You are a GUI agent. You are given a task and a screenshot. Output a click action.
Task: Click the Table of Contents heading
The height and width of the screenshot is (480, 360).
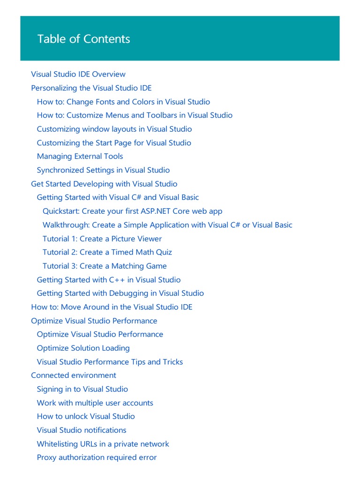point(83,39)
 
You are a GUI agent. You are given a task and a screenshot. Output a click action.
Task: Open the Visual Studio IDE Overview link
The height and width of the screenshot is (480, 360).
point(78,74)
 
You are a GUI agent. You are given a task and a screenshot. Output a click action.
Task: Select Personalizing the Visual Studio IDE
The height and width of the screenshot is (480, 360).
point(91,88)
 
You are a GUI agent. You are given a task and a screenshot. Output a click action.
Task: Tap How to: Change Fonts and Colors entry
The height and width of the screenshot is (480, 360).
point(123,102)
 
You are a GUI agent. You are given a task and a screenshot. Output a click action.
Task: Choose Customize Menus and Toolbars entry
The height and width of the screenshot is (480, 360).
point(135,115)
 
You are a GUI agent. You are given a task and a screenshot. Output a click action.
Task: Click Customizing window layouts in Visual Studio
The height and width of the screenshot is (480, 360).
point(114,129)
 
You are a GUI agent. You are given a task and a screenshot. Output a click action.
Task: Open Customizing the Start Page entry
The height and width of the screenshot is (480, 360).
point(114,142)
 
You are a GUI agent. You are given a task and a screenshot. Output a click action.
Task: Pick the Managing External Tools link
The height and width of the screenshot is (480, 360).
point(80,156)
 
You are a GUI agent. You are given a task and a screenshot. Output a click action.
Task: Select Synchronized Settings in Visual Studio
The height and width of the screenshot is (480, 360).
point(103,170)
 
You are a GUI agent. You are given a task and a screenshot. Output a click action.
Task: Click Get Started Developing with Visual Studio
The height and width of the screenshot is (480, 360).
point(104,184)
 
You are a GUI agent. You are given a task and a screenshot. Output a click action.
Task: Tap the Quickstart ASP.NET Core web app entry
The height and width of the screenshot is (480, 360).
point(132,211)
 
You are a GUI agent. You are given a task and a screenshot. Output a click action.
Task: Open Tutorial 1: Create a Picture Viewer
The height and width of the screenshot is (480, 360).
point(102,239)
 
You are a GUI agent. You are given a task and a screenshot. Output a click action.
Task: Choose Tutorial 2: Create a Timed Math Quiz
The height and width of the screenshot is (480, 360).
point(107,252)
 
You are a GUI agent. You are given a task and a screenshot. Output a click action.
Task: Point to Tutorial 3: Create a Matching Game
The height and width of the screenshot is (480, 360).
point(105,266)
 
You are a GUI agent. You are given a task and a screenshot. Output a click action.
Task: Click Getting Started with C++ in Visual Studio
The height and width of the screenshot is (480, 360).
point(108,280)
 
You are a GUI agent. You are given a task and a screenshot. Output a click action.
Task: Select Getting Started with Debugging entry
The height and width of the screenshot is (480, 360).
point(120,293)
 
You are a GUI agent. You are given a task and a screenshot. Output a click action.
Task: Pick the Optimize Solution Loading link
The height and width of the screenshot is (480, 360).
point(83,348)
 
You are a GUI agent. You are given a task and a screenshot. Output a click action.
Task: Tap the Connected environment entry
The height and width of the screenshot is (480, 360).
point(74,375)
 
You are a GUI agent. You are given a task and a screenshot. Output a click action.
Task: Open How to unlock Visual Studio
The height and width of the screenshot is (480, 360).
point(86,416)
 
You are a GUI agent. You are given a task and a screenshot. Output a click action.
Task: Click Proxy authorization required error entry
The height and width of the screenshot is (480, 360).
point(97,457)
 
